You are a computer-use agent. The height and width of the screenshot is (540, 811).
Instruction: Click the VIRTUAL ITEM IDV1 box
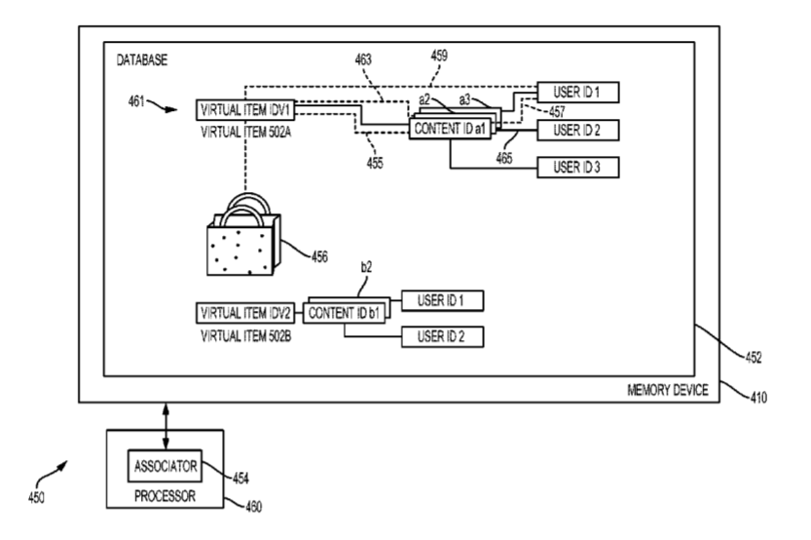pos(244,108)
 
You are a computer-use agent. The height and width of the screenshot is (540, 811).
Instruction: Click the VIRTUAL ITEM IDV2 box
pos(244,314)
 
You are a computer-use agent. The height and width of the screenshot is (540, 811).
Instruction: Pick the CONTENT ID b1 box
pos(347,314)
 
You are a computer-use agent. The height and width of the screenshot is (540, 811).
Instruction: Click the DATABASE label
pos(141,60)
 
